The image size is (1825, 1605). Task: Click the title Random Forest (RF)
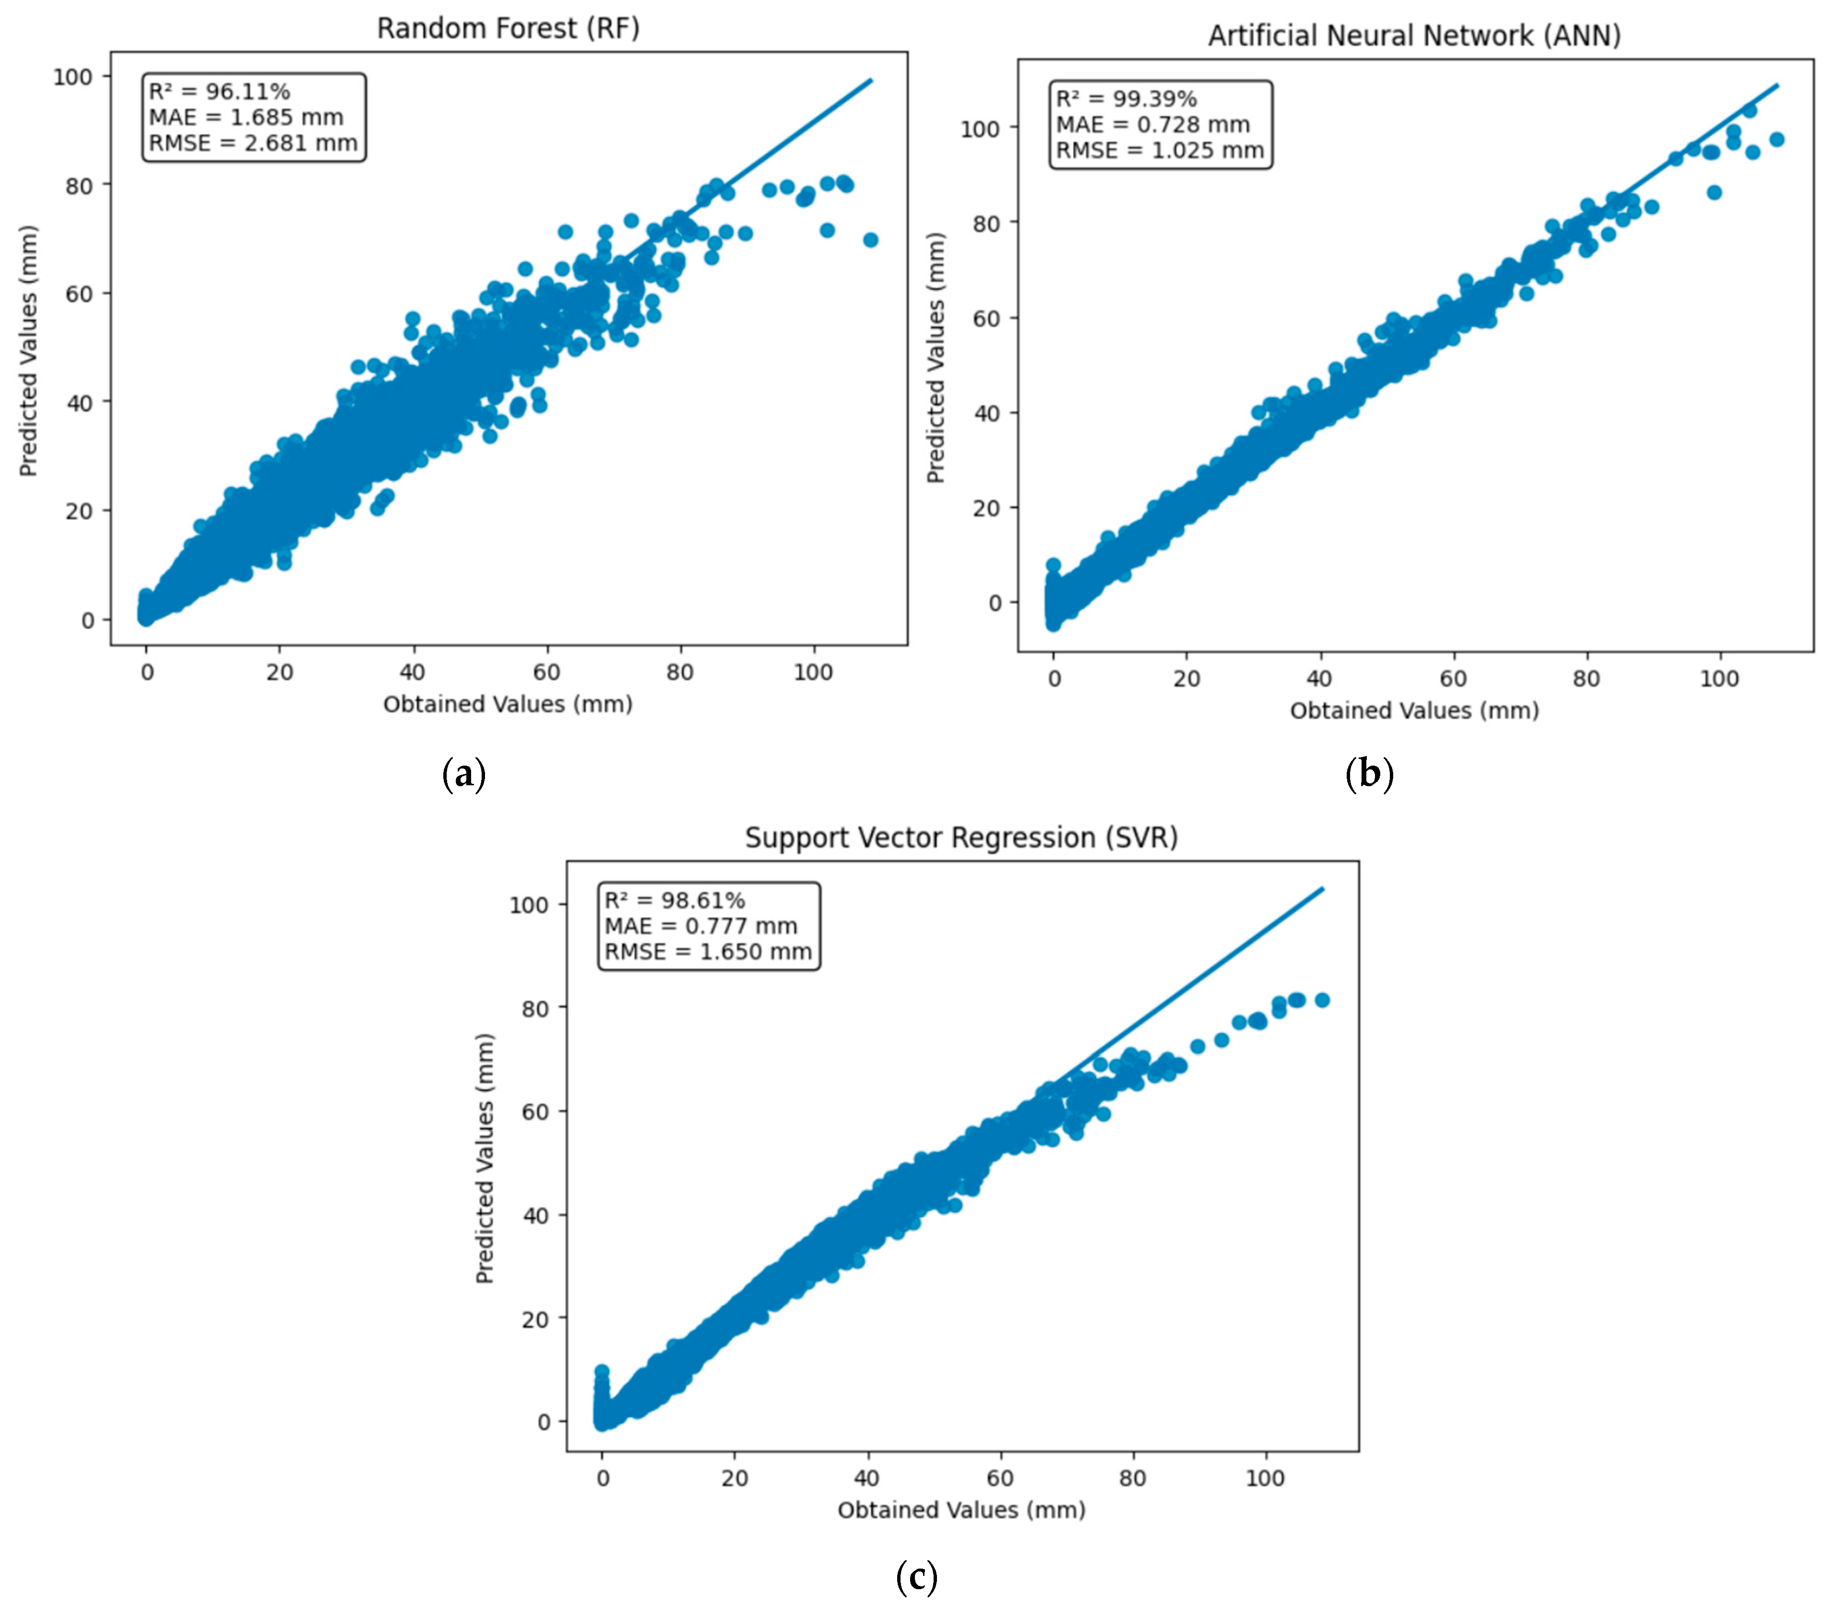[508, 29]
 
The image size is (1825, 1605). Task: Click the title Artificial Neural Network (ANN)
[1414, 36]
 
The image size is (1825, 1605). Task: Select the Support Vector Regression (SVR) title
[961, 837]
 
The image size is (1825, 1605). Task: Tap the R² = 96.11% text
[219, 91]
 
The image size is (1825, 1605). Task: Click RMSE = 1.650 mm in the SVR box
[708, 952]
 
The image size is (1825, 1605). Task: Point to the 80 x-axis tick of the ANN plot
[1586, 678]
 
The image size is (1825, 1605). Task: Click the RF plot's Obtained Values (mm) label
[508, 704]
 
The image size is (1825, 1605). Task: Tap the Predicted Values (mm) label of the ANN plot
[935, 358]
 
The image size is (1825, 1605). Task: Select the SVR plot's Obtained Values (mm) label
[961, 1510]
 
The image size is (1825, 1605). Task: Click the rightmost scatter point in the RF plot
[870, 239]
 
